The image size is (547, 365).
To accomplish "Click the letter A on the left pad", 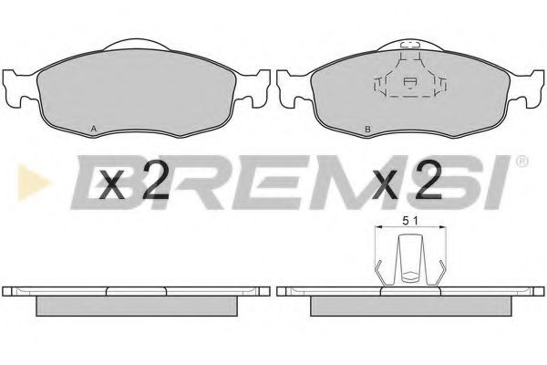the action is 94,129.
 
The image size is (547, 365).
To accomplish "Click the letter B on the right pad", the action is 367,130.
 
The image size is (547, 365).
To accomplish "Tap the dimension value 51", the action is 410,221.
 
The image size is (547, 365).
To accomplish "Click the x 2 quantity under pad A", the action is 134,181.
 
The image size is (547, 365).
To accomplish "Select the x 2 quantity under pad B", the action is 408,181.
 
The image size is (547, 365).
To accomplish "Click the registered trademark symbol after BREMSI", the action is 521,162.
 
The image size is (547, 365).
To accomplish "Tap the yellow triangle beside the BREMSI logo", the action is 33,182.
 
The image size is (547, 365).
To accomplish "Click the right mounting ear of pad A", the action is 254,89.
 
